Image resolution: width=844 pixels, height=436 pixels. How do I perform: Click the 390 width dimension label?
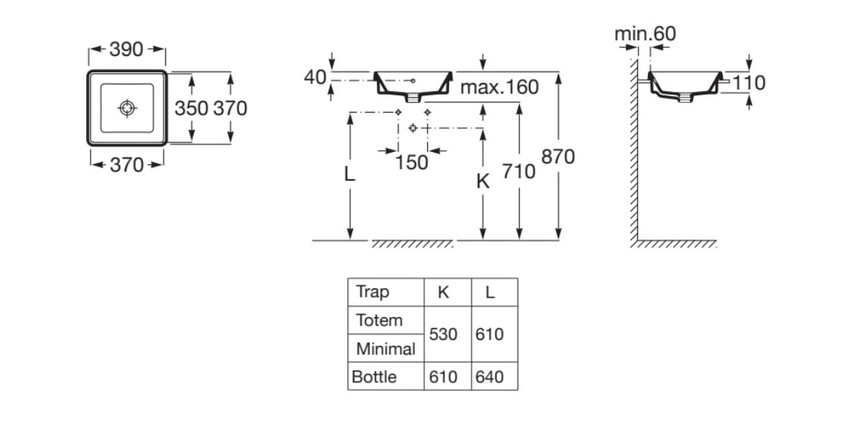[x=126, y=49]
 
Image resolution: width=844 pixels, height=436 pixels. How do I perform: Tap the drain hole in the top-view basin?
[x=127, y=108]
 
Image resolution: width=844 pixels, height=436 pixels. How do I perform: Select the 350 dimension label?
[x=191, y=108]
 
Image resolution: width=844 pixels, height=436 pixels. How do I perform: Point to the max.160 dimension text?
[x=499, y=87]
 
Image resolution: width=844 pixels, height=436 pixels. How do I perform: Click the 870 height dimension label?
[x=558, y=156]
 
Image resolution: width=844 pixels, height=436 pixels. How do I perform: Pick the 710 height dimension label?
[x=519, y=172]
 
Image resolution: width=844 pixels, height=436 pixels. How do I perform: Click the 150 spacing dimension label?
[x=411, y=162]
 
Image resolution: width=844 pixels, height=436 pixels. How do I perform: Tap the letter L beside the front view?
[x=350, y=174]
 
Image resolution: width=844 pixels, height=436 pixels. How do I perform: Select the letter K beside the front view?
[x=483, y=182]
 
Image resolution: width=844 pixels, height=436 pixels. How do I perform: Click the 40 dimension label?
[x=315, y=77]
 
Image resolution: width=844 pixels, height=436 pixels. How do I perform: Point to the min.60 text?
[x=644, y=34]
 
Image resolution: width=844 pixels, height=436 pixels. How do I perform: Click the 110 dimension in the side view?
[x=749, y=83]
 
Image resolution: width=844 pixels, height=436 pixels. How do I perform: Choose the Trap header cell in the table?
[x=372, y=292]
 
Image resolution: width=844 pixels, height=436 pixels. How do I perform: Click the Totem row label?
[x=379, y=321]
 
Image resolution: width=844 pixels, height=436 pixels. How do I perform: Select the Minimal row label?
[x=385, y=349]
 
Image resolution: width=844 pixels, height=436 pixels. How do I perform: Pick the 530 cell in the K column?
[x=443, y=334]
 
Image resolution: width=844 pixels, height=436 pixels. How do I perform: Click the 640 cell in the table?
[x=489, y=376]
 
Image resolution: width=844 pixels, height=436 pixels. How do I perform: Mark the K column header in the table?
[x=444, y=292]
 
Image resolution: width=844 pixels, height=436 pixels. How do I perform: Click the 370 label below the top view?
[x=127, y=165]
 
